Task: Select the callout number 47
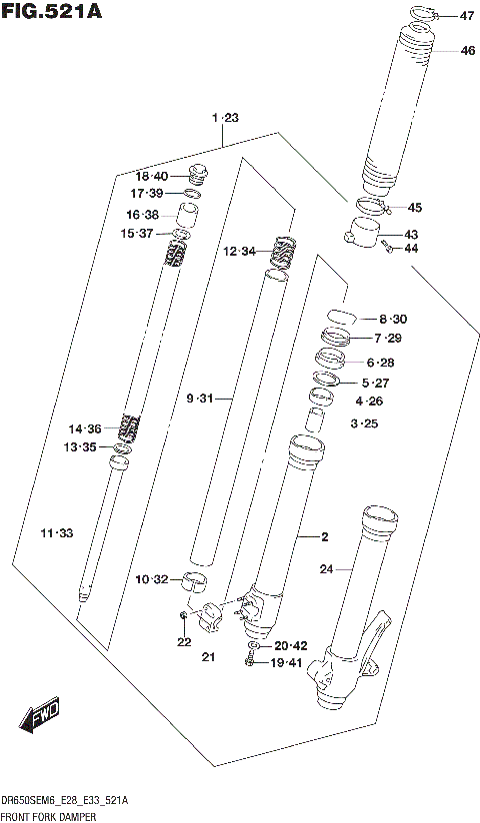point(467,16)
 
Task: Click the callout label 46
point(467,51)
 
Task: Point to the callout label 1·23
point(225,119)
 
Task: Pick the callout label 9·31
point(201,400)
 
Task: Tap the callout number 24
point(325,569)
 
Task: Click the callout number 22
point(183,642)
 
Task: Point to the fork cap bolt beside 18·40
point(196,174)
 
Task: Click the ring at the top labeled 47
point(422,14)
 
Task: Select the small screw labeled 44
point(385,247)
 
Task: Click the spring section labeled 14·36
point(128,427)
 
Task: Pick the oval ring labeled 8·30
point(340,316)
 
